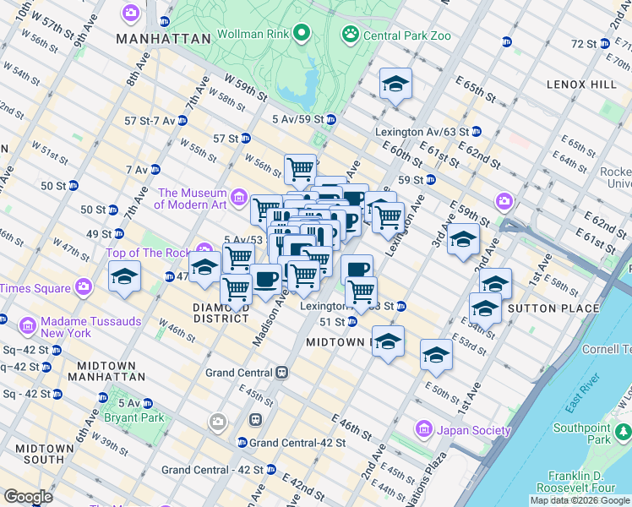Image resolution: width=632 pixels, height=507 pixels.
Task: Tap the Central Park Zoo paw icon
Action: tap(350, 35)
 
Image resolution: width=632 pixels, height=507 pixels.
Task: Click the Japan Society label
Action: tap(474, 430)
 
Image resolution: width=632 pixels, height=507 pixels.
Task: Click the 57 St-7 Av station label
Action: tap(150, 121)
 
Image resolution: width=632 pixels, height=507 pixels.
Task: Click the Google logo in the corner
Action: tap(28, 497)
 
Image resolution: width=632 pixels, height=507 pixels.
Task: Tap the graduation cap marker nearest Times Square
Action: tap(125, 276)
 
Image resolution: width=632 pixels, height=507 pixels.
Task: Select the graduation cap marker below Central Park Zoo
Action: tap(395, 84)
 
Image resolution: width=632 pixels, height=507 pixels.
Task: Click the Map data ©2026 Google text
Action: tap(580, 500)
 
